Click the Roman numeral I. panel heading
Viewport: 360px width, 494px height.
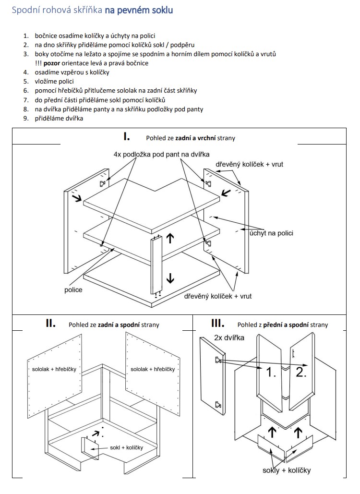pos(127,136)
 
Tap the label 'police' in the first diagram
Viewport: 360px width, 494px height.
pos(73,289)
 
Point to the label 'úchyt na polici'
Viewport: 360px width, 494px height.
pos(271,233)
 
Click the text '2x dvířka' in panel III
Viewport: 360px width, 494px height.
pos(229,337)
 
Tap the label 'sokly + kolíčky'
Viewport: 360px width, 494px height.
pos(287,470)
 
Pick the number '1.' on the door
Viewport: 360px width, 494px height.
pos(271,373)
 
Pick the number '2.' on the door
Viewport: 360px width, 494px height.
pos(301,373)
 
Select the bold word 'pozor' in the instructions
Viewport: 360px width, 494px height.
pos(51,63)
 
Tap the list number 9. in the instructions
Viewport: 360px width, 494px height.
pos(25,118)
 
